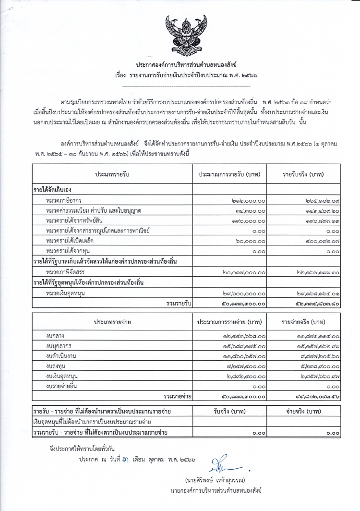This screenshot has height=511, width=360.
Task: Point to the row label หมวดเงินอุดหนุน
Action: click(x=67, y=293)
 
